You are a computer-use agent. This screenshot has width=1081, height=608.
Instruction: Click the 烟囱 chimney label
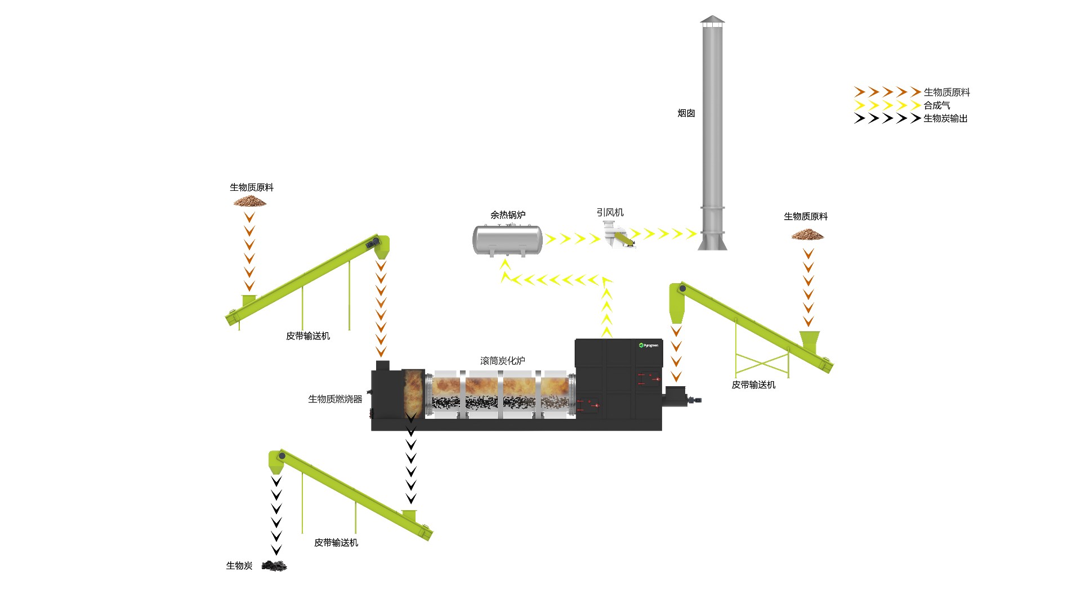point(686,113)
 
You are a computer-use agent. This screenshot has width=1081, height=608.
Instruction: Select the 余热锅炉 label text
point(507,215)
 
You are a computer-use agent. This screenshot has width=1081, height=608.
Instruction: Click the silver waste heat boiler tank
point(507,240)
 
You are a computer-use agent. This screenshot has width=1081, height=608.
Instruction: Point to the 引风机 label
point(610,212)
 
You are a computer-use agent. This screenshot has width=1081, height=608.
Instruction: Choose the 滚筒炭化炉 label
point(502,361)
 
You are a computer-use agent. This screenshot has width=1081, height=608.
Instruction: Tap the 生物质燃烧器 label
point(335,399)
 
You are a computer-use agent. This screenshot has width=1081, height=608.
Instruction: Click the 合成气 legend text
point(937,105)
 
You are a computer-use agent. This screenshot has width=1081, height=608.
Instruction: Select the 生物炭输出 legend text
point(945,118)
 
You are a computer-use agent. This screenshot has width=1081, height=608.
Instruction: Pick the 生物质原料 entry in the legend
point(946,92)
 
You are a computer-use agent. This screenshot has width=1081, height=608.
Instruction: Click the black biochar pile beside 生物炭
point(274,565)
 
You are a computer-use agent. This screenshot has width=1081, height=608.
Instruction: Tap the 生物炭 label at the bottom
point(239,566)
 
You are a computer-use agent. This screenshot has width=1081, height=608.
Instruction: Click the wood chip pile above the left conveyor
point(250,201)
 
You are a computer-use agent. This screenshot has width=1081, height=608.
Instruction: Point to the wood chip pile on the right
point(807,234)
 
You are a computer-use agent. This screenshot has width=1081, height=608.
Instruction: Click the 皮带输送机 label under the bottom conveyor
point(336,543)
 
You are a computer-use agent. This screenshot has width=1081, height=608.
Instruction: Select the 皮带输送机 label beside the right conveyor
point(753,385)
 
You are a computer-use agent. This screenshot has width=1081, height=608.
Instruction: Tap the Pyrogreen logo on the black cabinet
point(649,345)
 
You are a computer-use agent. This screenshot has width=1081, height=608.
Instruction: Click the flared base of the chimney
point(712,242)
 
